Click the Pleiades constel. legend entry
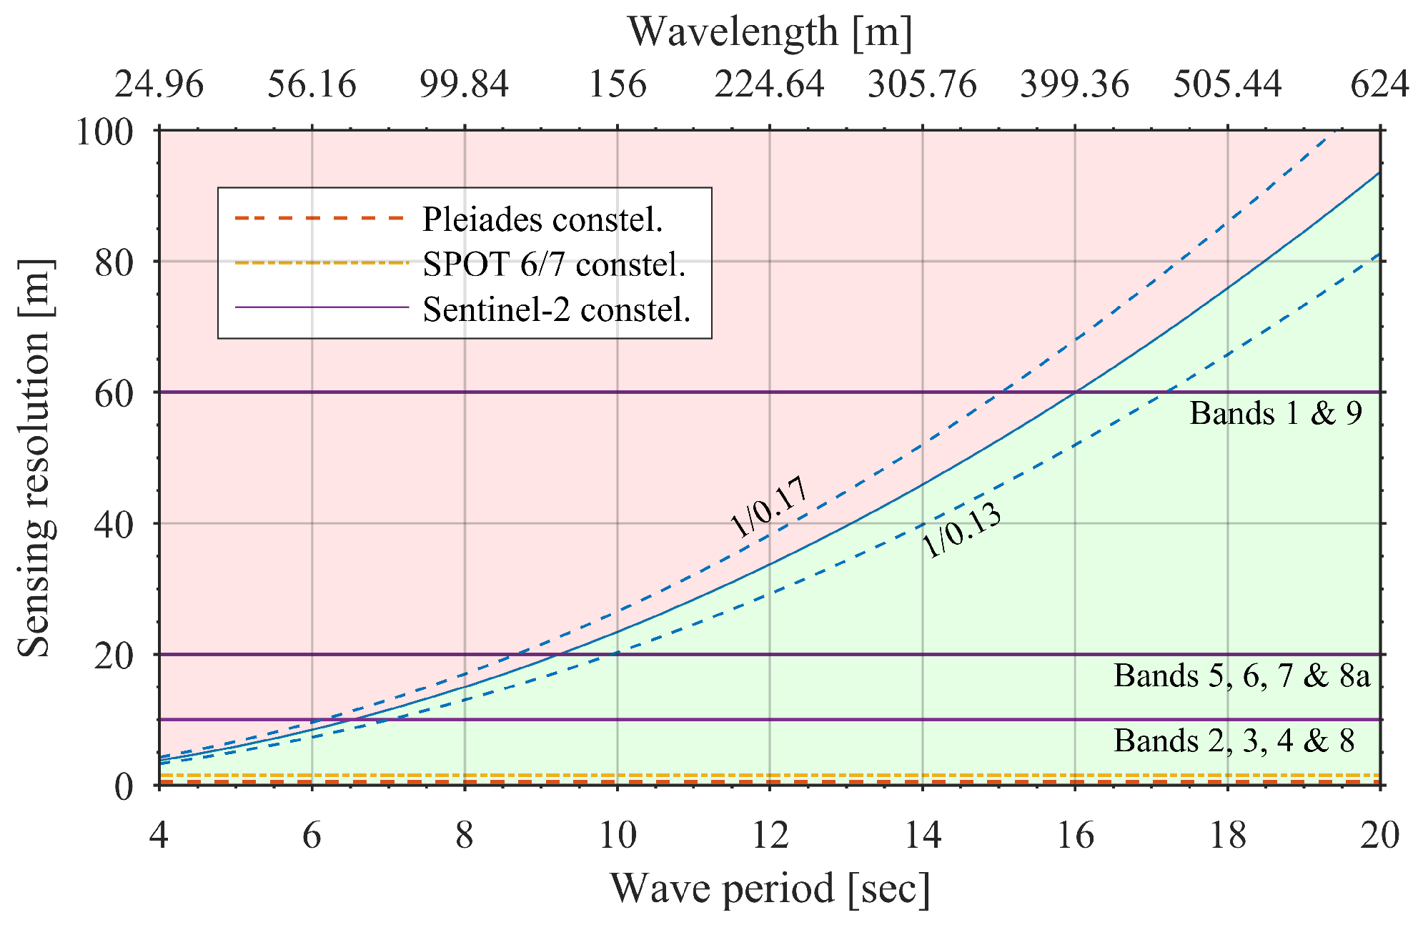pyautogui.click(x=542, y=219)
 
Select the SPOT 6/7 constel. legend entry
pyautogui.click(x=554, y=264)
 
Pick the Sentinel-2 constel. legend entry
pyautogui.click(x=556, y=310)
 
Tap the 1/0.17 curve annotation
pyautogui.click(x=769, y=506)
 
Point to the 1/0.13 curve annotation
pyautogui.click(x=961, y=530)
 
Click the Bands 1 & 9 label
pyautogui.click(x=1276, y=413)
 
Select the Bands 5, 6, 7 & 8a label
pyautogui.click(x=1241, y=676)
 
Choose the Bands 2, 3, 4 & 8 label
pyautogui.click(x=1234, y=741)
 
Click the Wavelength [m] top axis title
pyautogui.click(x=770, y=32)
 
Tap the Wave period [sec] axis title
pyautogui.click(x=770, y=889)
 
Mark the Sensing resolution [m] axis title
pyautogui.click(x=34, y=457)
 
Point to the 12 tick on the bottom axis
pyautogui.click(x=770, y=835)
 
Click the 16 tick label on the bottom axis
pyautogui.click(x=1075, y=835)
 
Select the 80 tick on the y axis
pyautogui.click(x=114, y=262)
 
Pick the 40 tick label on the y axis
pyautogui.click(x=114, y=525)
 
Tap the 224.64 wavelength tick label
pyautogui.click(x=770, y=84)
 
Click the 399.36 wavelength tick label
pyautogui.click(x=1075, y=84)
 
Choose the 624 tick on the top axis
pyautogui.click(x=1379, y=84)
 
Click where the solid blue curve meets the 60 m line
pyautogui.click(x=1075, y=392)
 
